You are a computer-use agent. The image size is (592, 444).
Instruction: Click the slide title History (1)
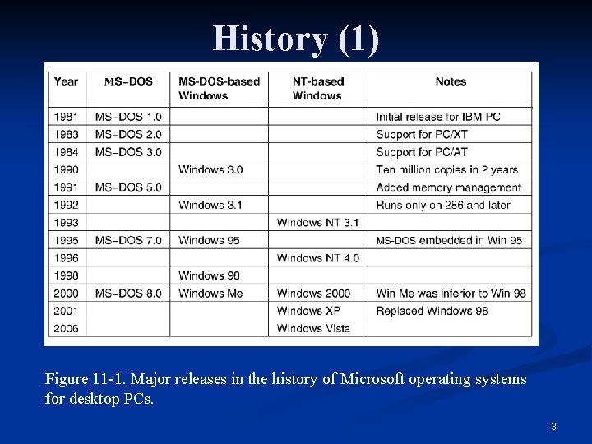[296, 38]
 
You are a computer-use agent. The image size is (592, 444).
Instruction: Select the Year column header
[66, 81]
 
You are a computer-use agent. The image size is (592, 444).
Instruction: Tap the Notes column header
[451, 81]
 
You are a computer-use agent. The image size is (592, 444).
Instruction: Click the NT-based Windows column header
[317, 88]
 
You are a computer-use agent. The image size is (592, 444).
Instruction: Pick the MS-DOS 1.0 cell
[128, 117]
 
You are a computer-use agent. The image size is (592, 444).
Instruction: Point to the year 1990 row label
[67, 169]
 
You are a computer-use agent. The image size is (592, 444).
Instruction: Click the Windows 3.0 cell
[210, 169]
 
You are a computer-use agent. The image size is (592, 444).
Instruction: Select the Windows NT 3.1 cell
[317, 222]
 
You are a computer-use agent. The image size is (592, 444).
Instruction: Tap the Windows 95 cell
[208, 240]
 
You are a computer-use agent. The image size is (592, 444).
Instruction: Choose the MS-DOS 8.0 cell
[128, 293]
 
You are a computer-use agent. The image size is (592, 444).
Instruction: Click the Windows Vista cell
[313, 328]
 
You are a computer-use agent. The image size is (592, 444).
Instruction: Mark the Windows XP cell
[308, 311]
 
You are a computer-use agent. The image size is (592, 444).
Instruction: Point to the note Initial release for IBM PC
[438, 117]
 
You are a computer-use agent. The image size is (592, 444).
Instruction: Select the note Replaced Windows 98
[432, 311]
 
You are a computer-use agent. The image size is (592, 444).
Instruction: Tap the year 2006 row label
[67, 328]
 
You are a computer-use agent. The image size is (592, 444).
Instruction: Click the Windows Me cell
[210, 293]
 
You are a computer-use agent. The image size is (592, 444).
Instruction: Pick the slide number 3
[553, 426]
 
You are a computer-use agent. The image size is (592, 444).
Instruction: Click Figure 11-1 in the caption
[80, 380]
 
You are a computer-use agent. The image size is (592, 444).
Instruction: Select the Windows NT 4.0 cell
[317, 257]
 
